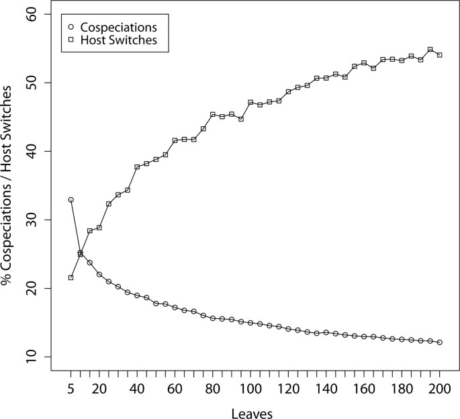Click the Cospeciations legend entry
118,28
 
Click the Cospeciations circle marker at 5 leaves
71,200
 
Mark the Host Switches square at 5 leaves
71,277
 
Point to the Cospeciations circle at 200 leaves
439,342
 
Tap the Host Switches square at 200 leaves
439,55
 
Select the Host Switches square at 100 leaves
250,103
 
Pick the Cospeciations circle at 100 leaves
250,323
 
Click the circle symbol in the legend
71,28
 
